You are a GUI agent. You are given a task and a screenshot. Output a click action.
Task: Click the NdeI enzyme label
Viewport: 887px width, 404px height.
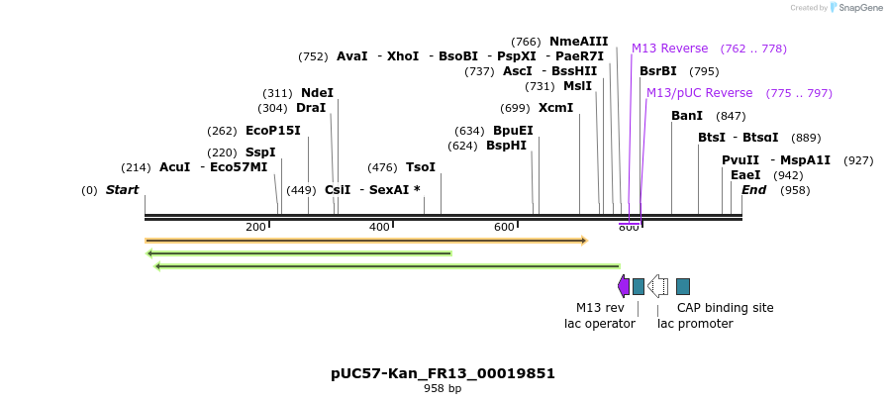(317, 93)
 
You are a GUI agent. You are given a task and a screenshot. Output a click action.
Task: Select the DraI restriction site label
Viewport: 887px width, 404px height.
(311, 108)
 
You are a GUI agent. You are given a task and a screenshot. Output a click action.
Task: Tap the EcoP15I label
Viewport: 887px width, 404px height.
(272, 131)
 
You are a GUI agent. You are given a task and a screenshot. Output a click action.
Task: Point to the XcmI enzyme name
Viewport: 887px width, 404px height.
(555, 108)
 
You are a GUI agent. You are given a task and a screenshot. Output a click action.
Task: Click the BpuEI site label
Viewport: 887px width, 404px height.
(513, 131)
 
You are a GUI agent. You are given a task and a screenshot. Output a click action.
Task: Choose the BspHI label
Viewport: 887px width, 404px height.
(506, 146)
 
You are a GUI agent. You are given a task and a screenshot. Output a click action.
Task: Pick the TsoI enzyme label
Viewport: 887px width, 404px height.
(421, 167)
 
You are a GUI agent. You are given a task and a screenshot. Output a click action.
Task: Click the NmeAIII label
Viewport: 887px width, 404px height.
(578, 42)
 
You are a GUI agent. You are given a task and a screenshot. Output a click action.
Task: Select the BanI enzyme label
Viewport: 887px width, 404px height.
(686, 116)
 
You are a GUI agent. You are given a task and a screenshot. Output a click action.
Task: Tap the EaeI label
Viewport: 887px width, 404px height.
(745, 175)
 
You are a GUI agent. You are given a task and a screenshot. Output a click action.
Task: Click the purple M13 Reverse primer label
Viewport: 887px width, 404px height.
(669, 49)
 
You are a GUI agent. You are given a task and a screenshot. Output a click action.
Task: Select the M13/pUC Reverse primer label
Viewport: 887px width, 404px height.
(699, 93)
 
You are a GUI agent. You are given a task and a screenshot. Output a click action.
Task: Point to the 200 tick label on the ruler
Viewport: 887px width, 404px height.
(256, 228)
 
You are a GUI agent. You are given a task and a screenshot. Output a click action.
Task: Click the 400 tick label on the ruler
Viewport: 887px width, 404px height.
(380, 228)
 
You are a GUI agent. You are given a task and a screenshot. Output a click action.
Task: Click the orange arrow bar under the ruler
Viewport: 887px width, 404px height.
(365, 241)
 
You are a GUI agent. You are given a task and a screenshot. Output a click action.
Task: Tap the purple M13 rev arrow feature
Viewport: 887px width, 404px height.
(624, 286)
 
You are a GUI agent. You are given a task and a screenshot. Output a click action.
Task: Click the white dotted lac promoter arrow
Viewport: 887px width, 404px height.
(658, 286)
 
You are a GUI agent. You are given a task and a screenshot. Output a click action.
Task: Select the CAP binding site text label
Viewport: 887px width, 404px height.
(725, 308)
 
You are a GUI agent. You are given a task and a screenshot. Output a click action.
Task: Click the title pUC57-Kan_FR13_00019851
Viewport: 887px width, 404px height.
(443, 373)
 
